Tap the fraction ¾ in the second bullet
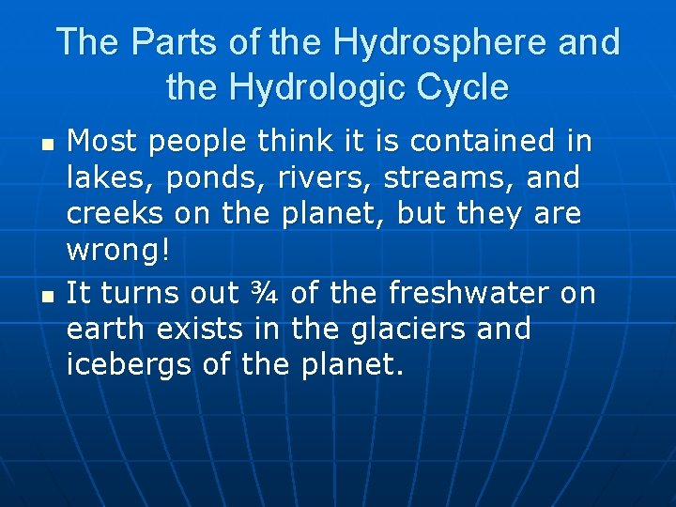click(x=265, y=293)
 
